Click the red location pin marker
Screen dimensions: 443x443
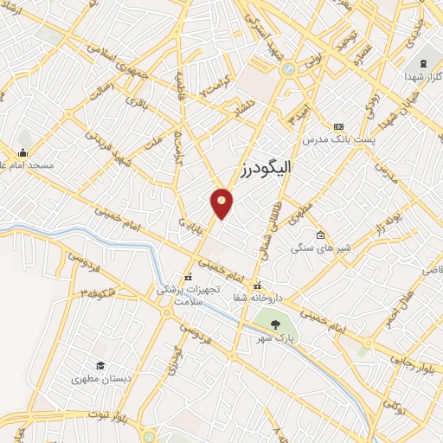point(222,202)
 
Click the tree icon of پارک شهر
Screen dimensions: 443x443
point(274,324)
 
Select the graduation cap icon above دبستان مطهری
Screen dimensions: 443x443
point(100,366)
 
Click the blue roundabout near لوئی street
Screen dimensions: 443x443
point(288,68)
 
